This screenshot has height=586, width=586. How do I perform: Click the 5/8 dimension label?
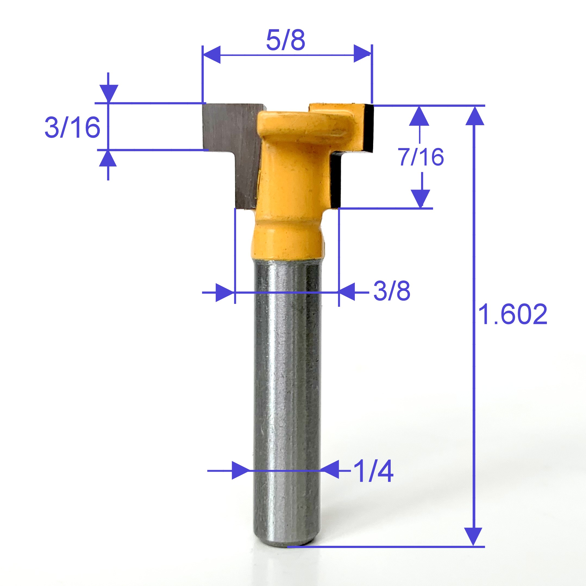pos(285,40)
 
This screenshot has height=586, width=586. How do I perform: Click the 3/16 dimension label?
pos(72,127)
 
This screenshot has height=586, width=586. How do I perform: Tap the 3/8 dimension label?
pos(391,291)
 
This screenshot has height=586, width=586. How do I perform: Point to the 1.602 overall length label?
pos(512,314)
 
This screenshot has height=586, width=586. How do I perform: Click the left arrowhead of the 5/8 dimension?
pos(212,55)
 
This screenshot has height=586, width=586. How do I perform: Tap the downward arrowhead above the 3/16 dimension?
pos(108,93)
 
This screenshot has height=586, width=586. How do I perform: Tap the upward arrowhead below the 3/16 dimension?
pos(108,159)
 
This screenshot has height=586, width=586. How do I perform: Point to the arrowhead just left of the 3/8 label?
pos(347,292)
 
